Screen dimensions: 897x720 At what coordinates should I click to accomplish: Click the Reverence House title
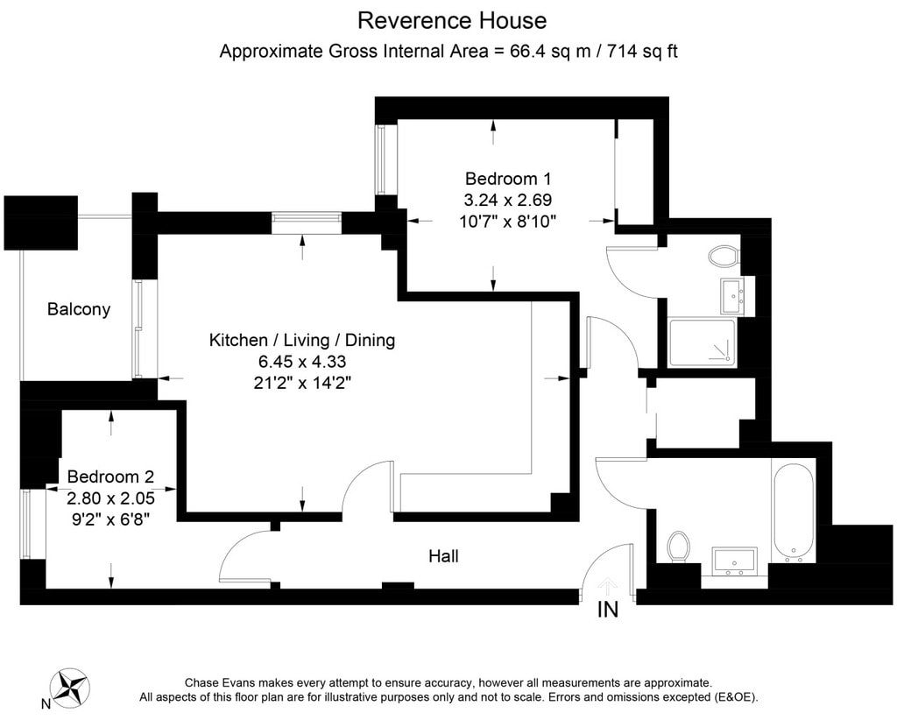[x=452, y=21]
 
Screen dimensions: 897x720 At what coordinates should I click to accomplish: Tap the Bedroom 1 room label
[x=508, y=179]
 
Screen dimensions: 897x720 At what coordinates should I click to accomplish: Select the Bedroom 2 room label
[x=110, y=476]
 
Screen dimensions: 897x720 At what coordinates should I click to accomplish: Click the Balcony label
[x=78, y=309]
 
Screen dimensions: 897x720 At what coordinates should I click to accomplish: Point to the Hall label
[x=443, y=556]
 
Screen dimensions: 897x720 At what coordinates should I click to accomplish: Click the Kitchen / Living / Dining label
[x=302, y=340]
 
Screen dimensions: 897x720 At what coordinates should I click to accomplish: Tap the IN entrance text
[x=608, y=610]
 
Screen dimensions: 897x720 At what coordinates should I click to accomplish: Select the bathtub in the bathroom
[x=793, y=512]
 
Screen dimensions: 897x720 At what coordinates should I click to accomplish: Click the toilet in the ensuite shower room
[x=723, y=256]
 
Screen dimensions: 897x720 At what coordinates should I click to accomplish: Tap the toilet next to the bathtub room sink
[x=679, y=546]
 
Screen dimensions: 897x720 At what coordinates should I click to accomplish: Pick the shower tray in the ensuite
[x=702, y=342]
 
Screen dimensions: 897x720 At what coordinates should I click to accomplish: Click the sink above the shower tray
[x=733, y=296]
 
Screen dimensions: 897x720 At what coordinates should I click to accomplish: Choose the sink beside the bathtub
[x=735, y=561]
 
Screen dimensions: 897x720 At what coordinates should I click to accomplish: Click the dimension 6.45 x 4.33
[x=302, y=362]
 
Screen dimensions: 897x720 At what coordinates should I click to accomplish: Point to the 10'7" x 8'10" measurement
[x=508, y=222]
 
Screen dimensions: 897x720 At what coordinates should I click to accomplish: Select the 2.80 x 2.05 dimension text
[x=110, y=498]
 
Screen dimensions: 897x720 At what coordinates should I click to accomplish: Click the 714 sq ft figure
[x=642, y=52]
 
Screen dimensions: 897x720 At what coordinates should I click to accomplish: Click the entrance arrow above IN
[x=608, y=588]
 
